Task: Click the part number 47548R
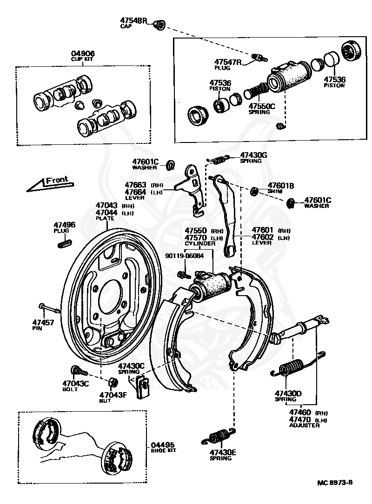[133, 21]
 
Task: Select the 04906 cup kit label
[83, 53]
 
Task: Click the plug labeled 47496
[65, 242]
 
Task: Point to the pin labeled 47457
[49, 308]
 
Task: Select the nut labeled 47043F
[112, 382]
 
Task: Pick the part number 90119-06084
[185, 256]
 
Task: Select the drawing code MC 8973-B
[333, 483]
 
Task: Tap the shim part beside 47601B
[254, 190]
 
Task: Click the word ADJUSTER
[304, 425]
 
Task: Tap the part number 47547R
[227, 62]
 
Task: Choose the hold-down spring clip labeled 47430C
[141, 387]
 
